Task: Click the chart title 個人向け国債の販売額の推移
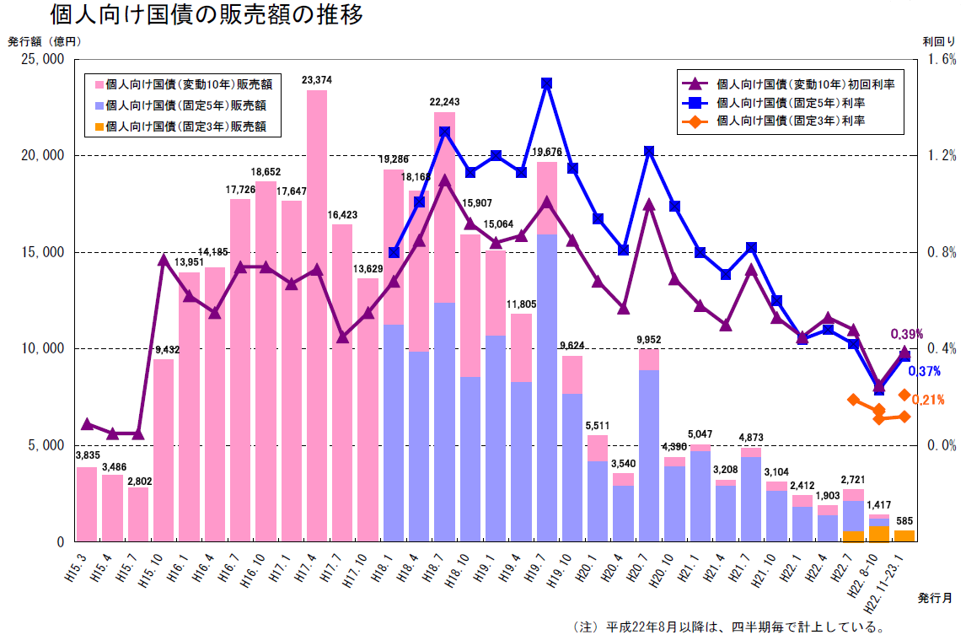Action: click(206, 15)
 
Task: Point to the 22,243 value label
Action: click(444, 101)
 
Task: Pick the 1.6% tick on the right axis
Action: click(942, 59)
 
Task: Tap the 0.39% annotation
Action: click(907, 334)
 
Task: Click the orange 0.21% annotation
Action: click(927, 400)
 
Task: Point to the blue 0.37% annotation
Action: click(924, 371)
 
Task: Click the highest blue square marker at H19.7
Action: click(547, 83)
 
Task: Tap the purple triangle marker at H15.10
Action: click(164, 260)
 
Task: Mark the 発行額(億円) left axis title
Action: click(44, 40)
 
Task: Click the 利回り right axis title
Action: click(938, 40)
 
